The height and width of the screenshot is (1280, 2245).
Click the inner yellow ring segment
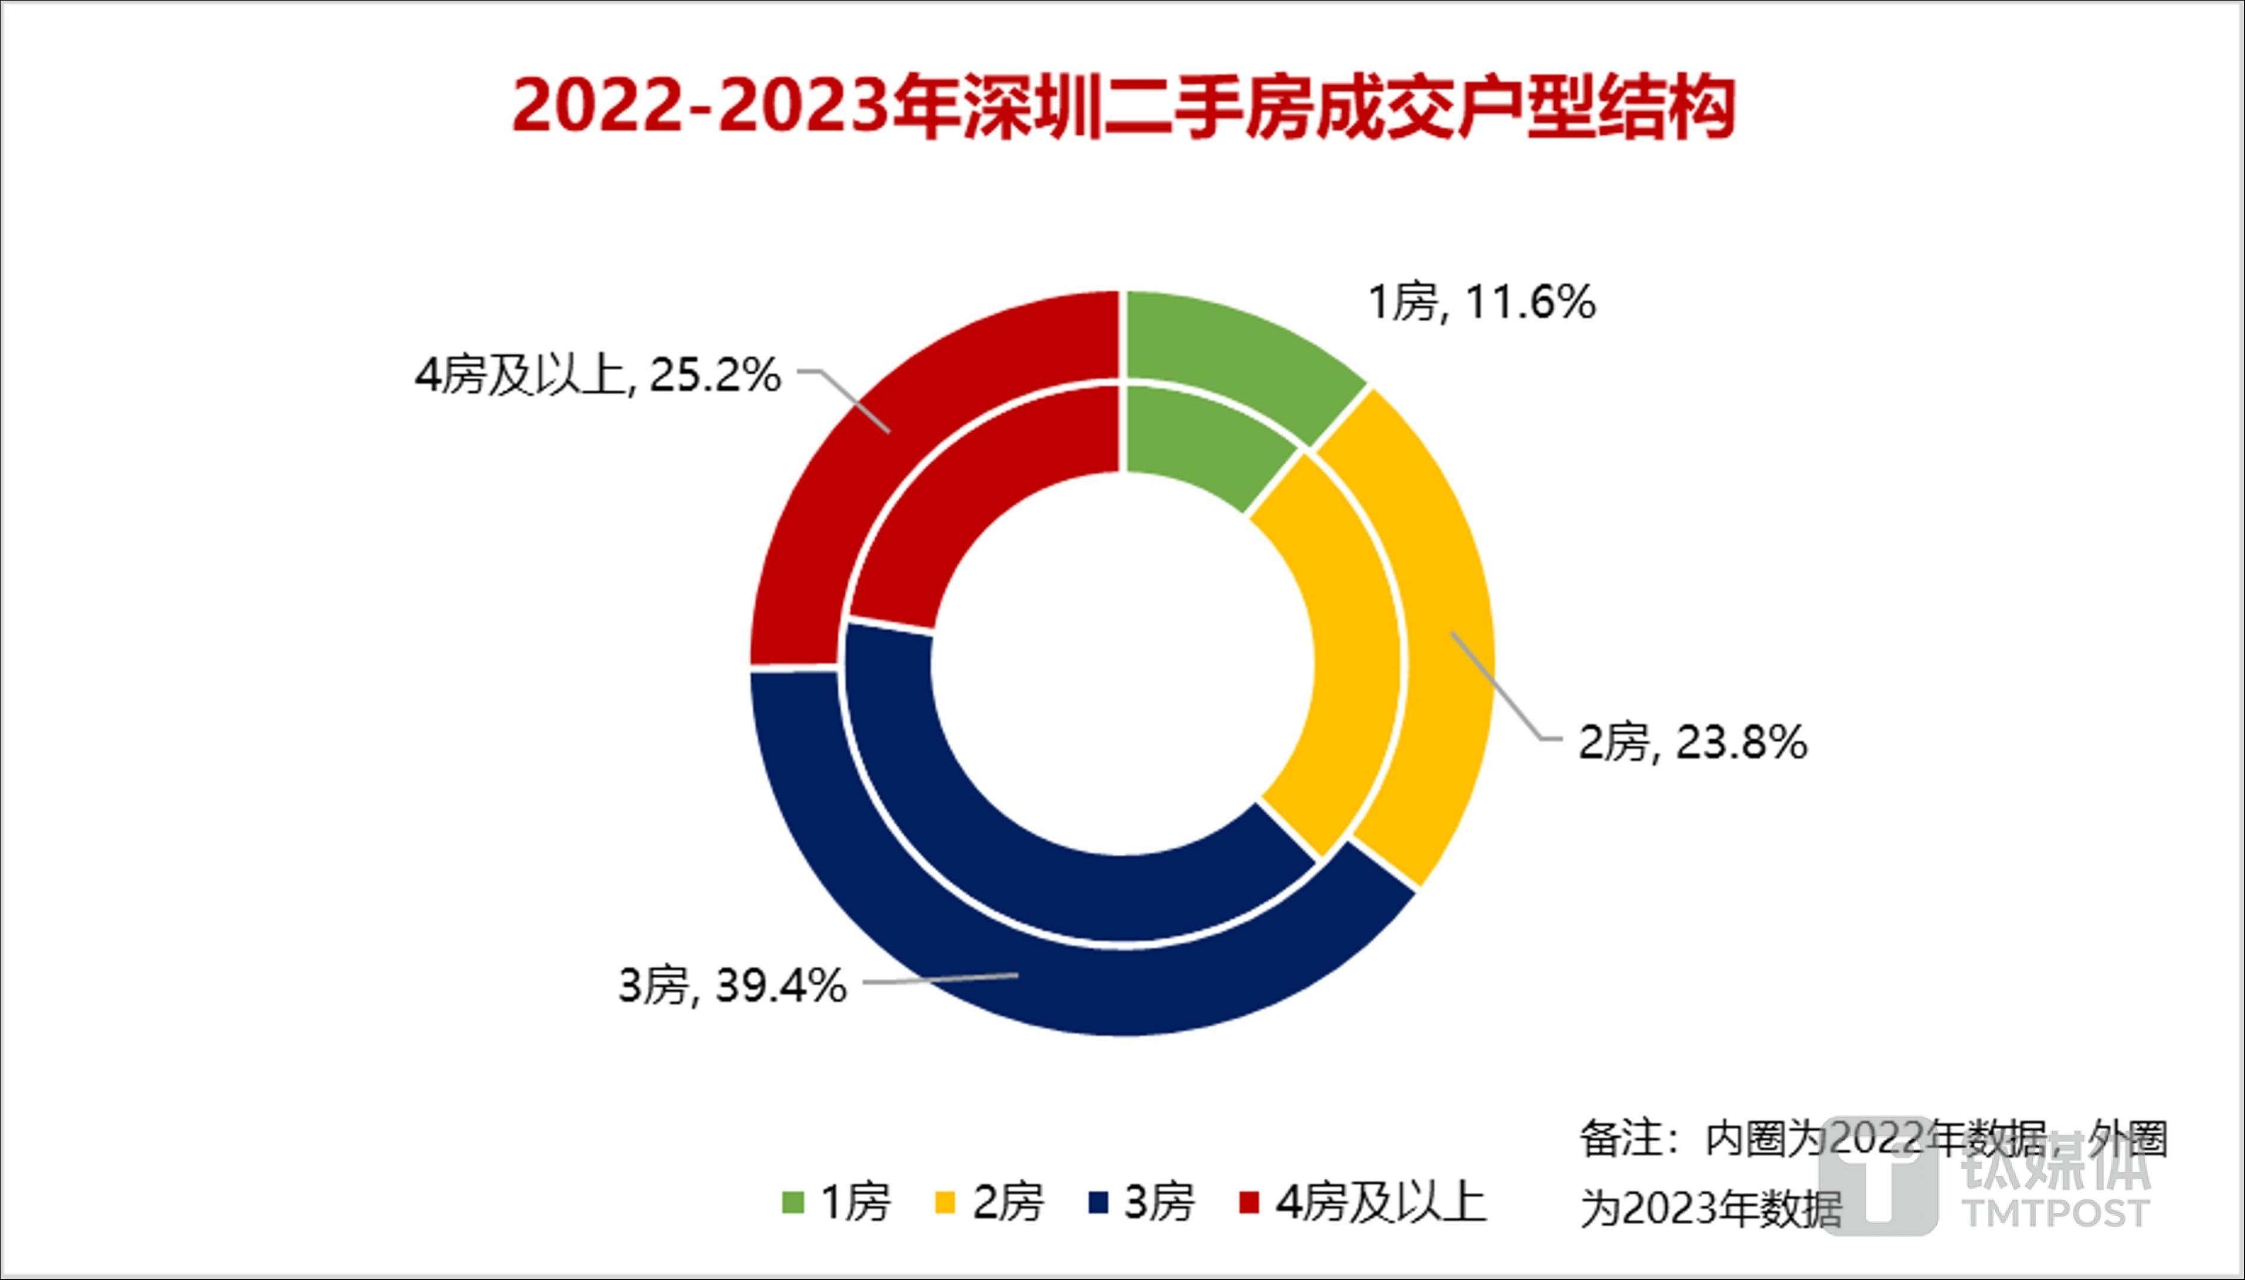tap(1345, 650)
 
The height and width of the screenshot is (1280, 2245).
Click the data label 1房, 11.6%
tap(1482, 304)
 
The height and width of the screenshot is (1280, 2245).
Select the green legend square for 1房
tap(793, 1203)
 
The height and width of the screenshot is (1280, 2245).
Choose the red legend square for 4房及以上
tap(1249, 1203)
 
